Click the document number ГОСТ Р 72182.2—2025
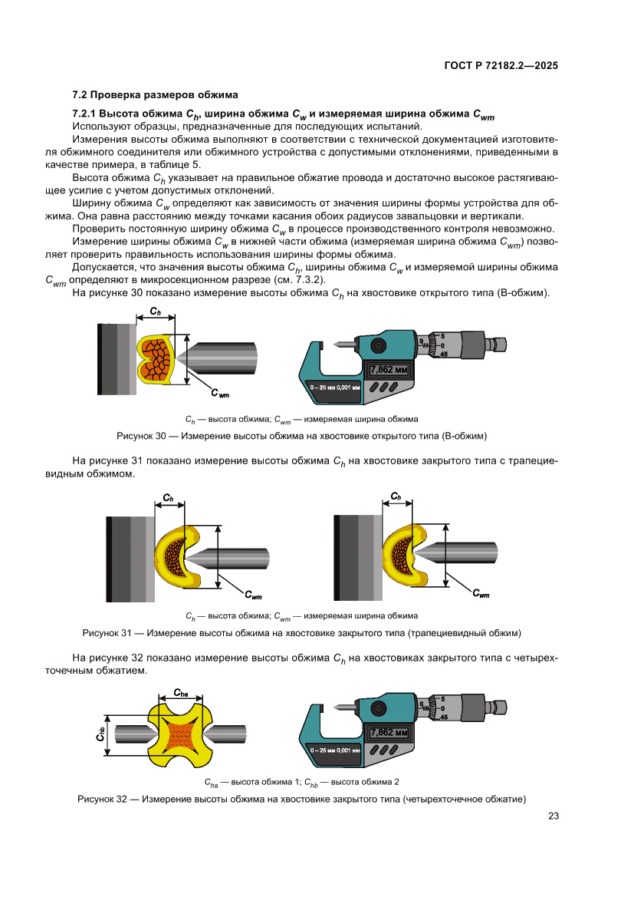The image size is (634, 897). point(501,66)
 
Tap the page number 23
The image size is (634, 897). point(553,816)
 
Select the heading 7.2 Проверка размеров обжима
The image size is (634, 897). point(155,95)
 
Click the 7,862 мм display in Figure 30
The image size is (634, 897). point(392,369)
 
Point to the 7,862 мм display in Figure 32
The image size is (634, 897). point(392,732)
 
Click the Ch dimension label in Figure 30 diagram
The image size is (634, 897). point(155,311)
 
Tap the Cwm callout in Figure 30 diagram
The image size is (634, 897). point(219,394)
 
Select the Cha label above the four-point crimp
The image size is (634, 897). point(181,692)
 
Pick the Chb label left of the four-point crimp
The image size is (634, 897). point(100,733)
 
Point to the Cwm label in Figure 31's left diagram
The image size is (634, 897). point(253,595)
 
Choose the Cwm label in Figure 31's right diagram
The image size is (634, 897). point(481,593)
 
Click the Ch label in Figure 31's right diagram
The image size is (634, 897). point(396,497)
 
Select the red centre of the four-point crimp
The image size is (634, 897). point(181,732)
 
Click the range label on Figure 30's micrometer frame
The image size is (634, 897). point(335,388)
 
